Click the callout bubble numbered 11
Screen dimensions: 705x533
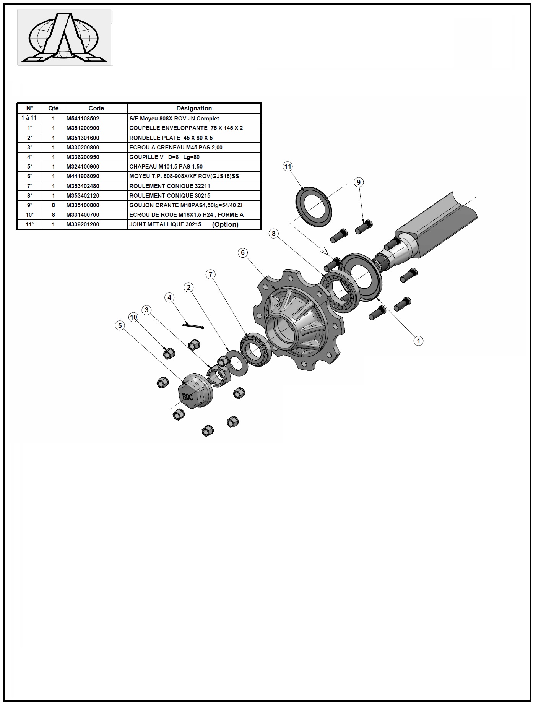point(288,166)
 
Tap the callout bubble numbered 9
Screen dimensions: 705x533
point(358,182)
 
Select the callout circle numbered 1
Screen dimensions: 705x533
point(418,341)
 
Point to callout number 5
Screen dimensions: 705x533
point(120,325)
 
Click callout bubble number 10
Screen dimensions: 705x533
point(133,317)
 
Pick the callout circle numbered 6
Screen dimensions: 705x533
point(242,252)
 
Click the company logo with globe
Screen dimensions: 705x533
point(64,37)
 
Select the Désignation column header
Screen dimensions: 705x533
point(194,108)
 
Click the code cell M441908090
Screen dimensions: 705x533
point(83,176)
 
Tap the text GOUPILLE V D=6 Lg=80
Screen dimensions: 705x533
point(164,157)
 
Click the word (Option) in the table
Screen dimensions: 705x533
point(225,224)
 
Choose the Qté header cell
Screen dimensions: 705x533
point(54,108)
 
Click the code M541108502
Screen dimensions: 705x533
point(83,119)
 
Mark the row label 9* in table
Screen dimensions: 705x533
point(29,205)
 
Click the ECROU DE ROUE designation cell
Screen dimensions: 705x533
point(186,215)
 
